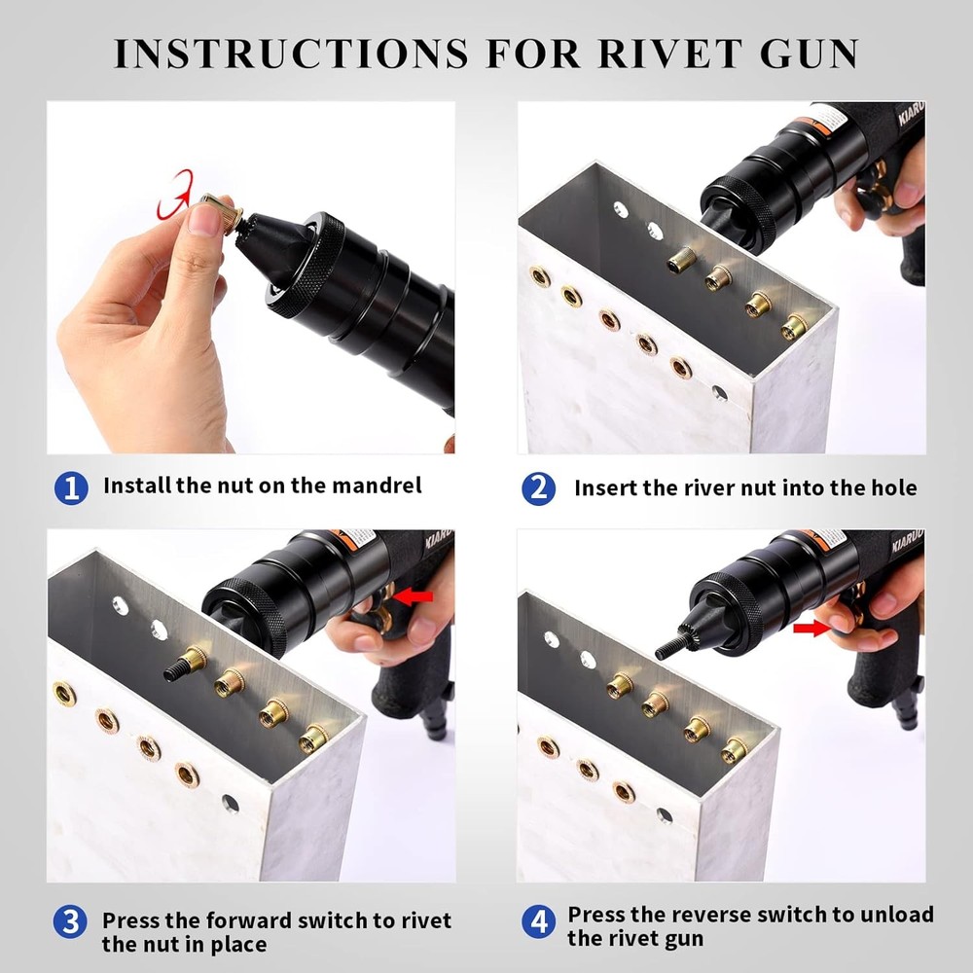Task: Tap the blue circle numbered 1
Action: (x=70, y=486)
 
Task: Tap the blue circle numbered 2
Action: (x=538, y=487)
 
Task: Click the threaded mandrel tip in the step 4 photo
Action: (x=668, y=648)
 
